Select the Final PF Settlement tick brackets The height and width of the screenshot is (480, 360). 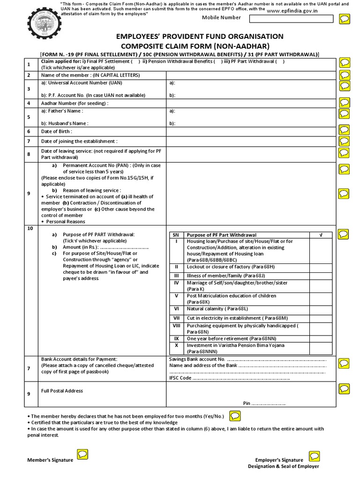[x=135, y=61]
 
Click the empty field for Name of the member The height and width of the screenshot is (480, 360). [x=249, y=75]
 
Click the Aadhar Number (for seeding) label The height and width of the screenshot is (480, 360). [x=75, y=103]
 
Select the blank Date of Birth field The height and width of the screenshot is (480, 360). [x=249, y=132]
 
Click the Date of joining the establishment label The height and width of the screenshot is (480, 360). [x=79, y=141]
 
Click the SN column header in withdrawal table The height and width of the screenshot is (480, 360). [x=176, y=235]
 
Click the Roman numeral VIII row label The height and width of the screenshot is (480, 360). [x=176, y=325]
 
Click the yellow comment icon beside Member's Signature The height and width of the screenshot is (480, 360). [x=82, y=454]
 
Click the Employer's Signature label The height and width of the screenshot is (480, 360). [x=279, y=460]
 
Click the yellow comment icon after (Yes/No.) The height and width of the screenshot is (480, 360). [x=235, y=415]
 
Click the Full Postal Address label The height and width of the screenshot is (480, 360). [x=62, y=391]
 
